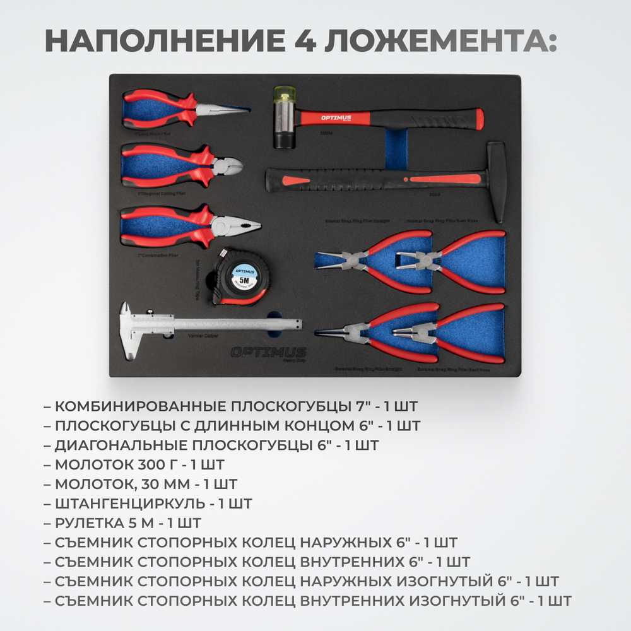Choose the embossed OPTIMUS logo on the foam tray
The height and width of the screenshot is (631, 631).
268,352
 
